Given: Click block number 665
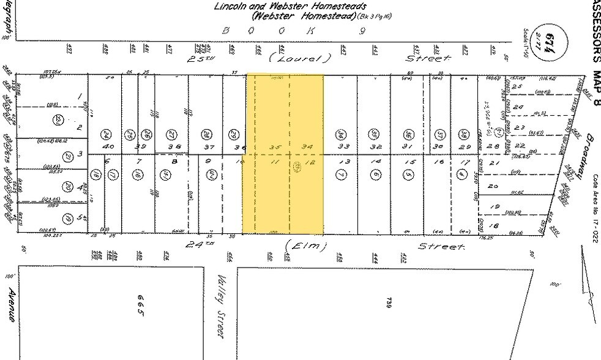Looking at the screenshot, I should point(142,304).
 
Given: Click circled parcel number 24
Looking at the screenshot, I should point(106,135).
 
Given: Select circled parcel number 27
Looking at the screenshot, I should point(172,135).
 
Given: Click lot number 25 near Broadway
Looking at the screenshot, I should point(516,88).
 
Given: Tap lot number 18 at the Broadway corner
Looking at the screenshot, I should point(494,225).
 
